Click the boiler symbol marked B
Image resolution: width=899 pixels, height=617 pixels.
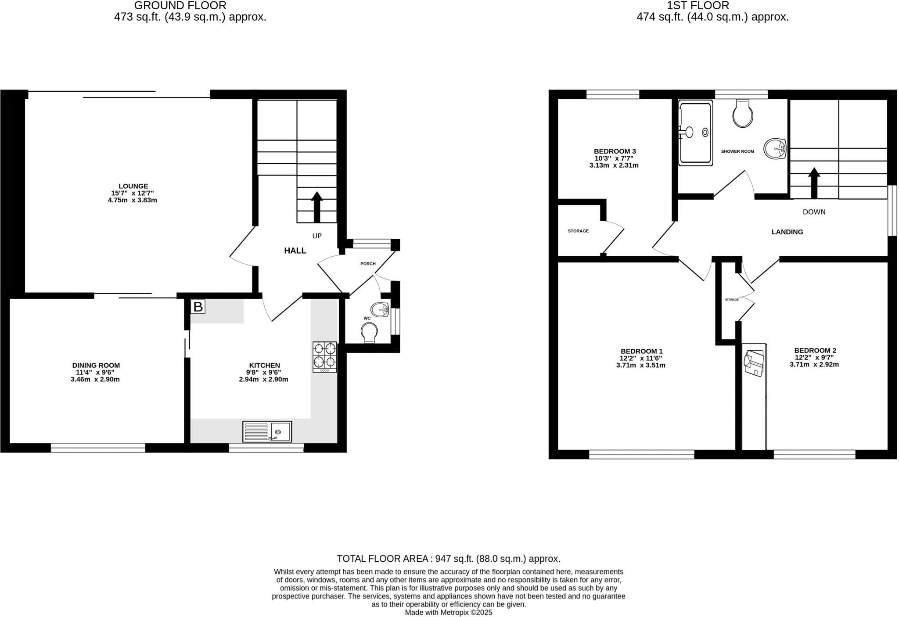point(198,307)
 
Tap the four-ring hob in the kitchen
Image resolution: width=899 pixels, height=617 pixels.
point(325,357)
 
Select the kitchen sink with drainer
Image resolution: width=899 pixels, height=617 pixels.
point(267,431)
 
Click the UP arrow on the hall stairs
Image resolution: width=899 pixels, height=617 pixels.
point(316,207)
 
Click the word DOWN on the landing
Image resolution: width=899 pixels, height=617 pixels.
point(814,212)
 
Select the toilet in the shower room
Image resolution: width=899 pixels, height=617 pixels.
point(743,113)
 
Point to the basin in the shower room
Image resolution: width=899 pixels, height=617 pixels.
point(775,149)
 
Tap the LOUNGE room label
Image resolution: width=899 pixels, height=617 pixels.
point(133,186)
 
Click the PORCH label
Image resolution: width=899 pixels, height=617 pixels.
point(368,264)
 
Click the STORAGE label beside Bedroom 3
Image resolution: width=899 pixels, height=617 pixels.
point(578,231)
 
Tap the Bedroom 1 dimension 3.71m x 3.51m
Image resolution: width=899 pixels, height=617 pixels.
point(641,365)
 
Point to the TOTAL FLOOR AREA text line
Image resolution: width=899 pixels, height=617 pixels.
point(448,559)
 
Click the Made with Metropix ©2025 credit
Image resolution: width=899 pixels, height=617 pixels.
point(448,612)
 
